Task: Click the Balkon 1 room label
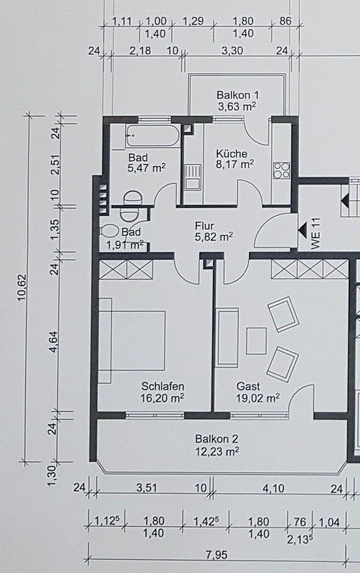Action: [x=237, y=100]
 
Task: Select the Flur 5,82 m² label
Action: [x=214, y=231]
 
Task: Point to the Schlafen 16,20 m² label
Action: [x=163, y=392]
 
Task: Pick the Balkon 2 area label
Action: [x=217, y=445]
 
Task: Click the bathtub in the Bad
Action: [x=153, y=136]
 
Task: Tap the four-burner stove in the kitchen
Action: [x=281, y=170]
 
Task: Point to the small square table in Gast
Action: [x=257, y=341]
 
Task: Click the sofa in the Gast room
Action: [x=227, y=337]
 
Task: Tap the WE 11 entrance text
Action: [x=317, y=233]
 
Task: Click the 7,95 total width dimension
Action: [x=216, y=555]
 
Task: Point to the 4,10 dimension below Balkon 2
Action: [x=273, y=488]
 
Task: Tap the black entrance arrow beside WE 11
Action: [x=302, y=230]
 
